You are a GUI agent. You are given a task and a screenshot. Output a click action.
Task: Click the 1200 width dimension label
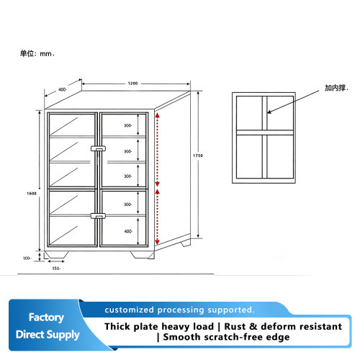coord(132,84)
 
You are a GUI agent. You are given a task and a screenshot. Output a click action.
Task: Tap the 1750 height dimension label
coord(198,156)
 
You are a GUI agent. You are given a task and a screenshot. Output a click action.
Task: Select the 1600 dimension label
coord(32,194)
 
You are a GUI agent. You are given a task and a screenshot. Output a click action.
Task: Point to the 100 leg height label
coord(27,258)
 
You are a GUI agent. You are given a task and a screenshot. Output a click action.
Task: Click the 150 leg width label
coord(56,269)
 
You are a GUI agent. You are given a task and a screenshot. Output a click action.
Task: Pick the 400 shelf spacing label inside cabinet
coord(128,231)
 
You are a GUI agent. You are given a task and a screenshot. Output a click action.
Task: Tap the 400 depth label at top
coord(63,89)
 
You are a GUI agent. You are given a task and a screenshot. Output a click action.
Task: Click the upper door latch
coord(98,148)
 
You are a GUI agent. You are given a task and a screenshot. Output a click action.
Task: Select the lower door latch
coord(98,216)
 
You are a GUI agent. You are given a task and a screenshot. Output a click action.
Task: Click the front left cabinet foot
coord(56,255)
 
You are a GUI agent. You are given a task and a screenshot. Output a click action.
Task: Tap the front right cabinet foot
coord(143,255)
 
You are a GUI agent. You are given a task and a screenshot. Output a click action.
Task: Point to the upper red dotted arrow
coord(158,150)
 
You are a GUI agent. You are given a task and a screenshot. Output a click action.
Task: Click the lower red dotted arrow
coord(158,217)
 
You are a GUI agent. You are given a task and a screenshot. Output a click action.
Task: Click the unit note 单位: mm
coord(37,53)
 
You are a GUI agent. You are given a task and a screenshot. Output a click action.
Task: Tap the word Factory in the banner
coord(46,318)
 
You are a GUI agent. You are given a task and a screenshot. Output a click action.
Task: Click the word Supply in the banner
coord(63,335)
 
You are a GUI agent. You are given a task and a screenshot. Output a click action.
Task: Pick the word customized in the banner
coord(130,310)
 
